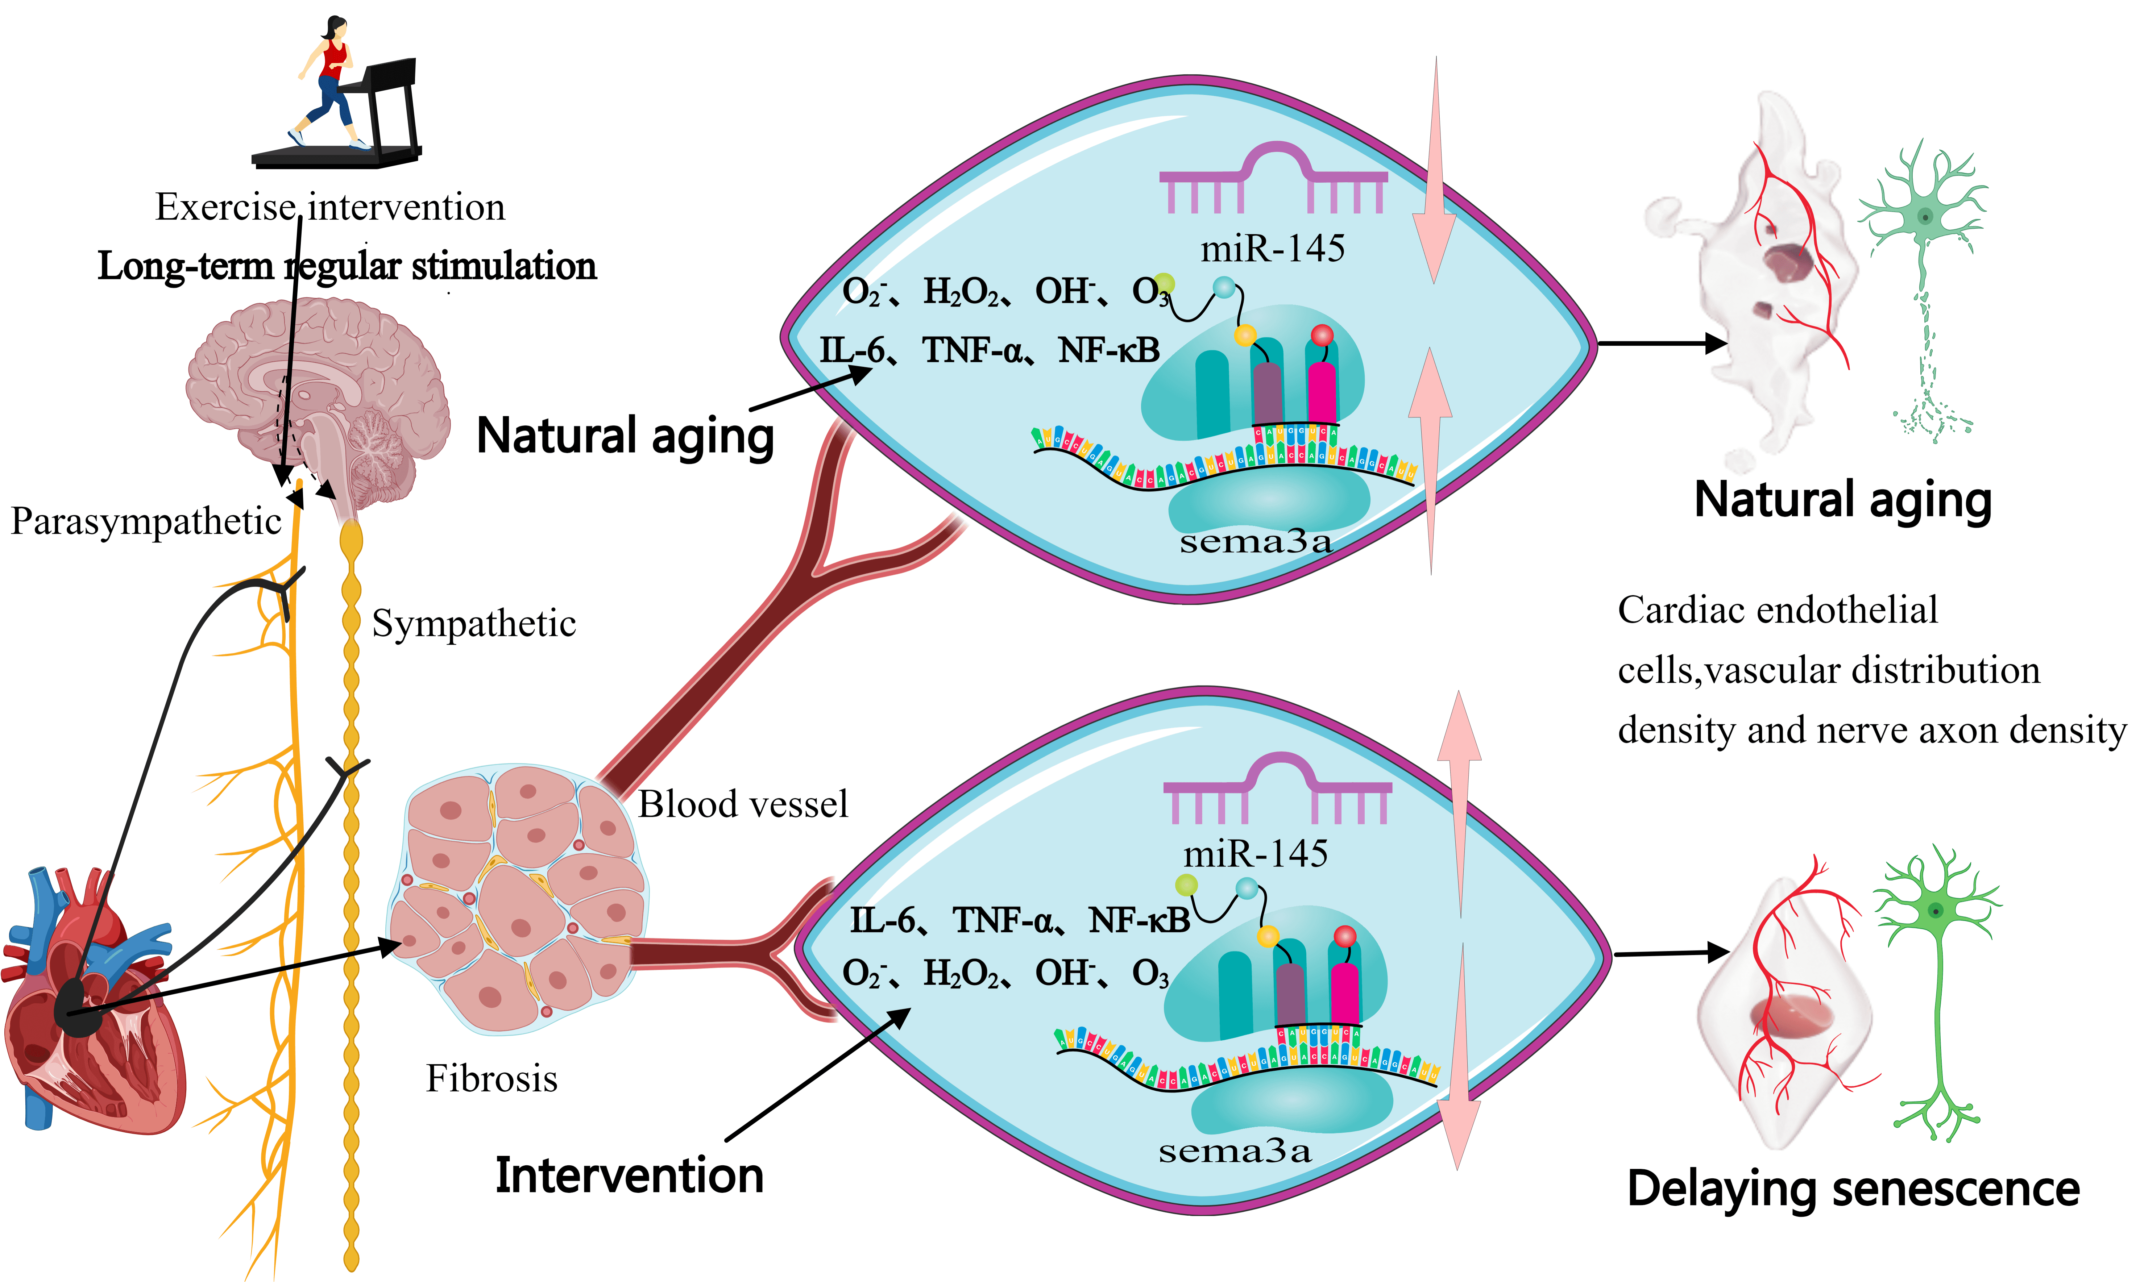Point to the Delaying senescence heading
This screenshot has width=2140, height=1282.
1853,1189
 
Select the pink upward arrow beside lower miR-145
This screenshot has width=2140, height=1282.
1460,803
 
